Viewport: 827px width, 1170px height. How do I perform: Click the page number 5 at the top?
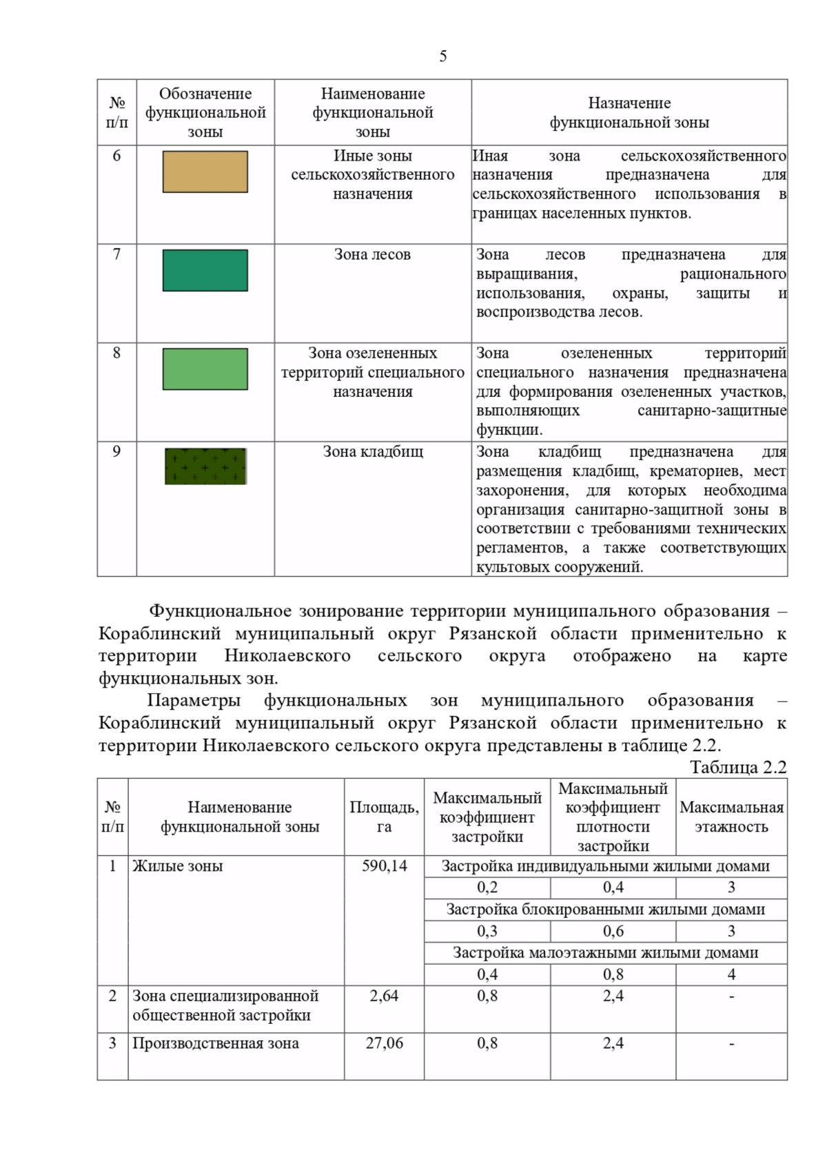click(x=442, y=57)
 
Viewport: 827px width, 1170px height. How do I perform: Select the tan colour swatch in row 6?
click(x=205, y=172)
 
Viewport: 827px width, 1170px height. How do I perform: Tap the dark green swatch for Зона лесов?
click(x=205, y=270)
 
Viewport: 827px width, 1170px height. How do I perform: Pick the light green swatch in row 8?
click(x=205, y=369)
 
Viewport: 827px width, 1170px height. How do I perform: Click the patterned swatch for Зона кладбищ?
click(x=205, y=466)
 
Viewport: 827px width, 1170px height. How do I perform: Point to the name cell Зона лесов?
click(x=372, y=255)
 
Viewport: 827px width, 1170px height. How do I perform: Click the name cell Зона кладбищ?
click(x=372, y=452)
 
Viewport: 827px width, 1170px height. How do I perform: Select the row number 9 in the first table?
click(x=116, y=452)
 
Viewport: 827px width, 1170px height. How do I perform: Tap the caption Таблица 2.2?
click(x=737, y=768)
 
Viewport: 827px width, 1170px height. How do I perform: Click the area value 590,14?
click(x=384, y=866)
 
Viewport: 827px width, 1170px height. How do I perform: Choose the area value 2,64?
click(x=384, y=996)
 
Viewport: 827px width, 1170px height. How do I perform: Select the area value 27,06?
click(x=384, y=1043)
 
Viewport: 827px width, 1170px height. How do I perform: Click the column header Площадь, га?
click(x=384, y=817)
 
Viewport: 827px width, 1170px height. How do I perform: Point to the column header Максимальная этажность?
click(x=731, y=817)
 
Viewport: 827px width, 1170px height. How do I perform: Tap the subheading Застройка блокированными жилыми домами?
click(x=605, y=910)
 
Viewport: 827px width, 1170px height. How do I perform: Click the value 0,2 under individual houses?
click(x=487, y=887)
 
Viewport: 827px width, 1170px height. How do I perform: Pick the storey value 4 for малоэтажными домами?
click(x=731, y=974)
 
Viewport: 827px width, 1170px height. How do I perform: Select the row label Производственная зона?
click(x=216, y=1043)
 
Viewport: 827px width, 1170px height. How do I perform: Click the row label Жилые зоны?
click(x=178, y=866)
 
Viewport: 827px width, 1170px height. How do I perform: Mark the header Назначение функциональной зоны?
click(x=629, y=112)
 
